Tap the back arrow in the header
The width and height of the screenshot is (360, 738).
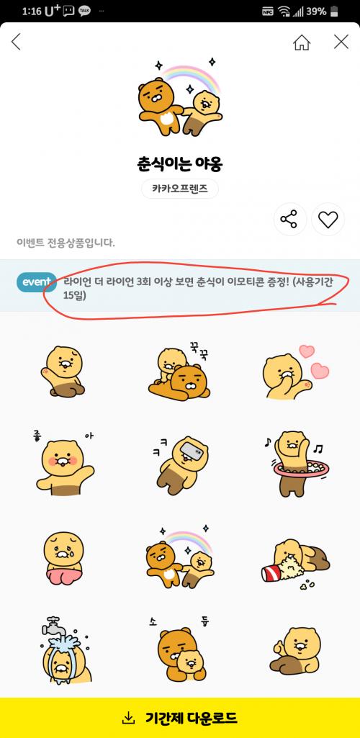[x=16, y=42]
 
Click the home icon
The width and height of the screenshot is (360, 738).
[x=302, y=42]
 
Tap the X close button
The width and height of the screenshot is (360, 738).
[x=341, y=42]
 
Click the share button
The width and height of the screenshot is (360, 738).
[x=290, y=220]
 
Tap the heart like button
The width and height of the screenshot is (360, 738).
[x=328, y=220]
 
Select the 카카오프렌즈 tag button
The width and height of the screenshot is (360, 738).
[x=180, y=189]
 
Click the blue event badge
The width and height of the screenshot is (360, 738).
[x=36, y=282]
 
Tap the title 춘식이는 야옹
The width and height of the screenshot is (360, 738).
[x=177, y=163]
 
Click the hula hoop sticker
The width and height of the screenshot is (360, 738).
[x=301, y=463]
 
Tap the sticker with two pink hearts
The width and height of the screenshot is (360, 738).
[x=295, y=372]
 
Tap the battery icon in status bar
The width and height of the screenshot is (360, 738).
[x=333, y=12]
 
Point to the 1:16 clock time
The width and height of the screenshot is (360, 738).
[x=32, y=12]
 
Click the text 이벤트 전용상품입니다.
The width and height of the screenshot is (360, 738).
[x=66, y=243]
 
